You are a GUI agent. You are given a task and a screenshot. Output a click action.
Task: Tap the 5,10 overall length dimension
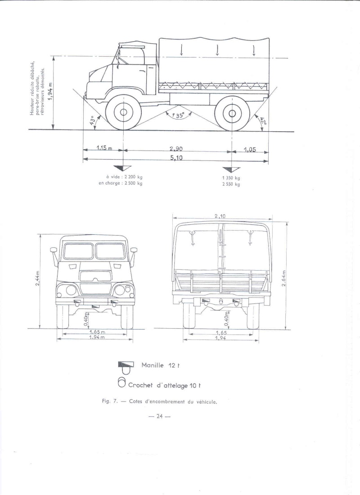(x=175, y=158)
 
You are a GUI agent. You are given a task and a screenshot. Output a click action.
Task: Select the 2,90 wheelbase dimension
(x=175, y=149)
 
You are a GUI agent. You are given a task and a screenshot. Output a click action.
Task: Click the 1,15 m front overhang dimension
(x=103, y=149)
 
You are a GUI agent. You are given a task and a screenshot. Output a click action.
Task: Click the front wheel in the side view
(x=121, y=113)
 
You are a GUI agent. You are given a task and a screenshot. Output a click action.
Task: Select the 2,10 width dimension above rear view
(x=220, y=216)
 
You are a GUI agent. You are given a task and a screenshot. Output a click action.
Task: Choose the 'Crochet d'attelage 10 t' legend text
(x=164, y=385)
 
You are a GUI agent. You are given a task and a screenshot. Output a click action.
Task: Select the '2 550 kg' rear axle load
(x=231, y=184)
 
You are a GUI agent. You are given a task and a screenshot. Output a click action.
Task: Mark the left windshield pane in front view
(x=78, y=251)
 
